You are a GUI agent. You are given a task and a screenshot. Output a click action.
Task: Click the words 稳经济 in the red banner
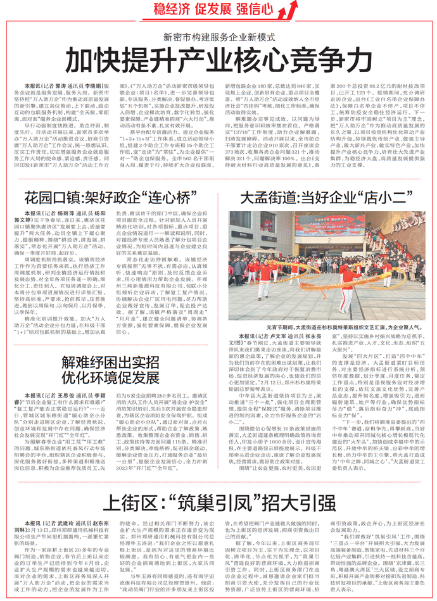(x=174, y=10)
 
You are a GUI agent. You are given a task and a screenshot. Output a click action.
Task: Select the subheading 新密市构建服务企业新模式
(x=218, y=36)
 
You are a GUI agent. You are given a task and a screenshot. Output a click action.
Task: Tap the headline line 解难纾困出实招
(x=110, y=361)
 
